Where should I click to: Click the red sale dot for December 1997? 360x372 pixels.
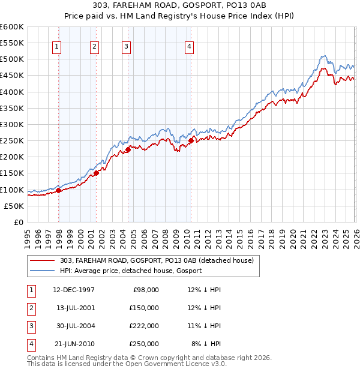(x=59, y=190)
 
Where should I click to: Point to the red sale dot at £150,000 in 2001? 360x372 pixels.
(x=97, y=173)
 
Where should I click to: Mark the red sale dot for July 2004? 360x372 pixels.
(x=128, y=150)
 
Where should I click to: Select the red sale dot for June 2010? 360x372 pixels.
(x=191, y=141)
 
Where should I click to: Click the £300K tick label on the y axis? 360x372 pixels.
(x=12, y=124)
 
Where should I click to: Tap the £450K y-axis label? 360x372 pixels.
(x=12, y=76)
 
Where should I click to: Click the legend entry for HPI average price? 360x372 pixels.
(x=130, y=271)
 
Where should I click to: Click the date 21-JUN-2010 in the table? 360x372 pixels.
(x=74, y=344)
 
